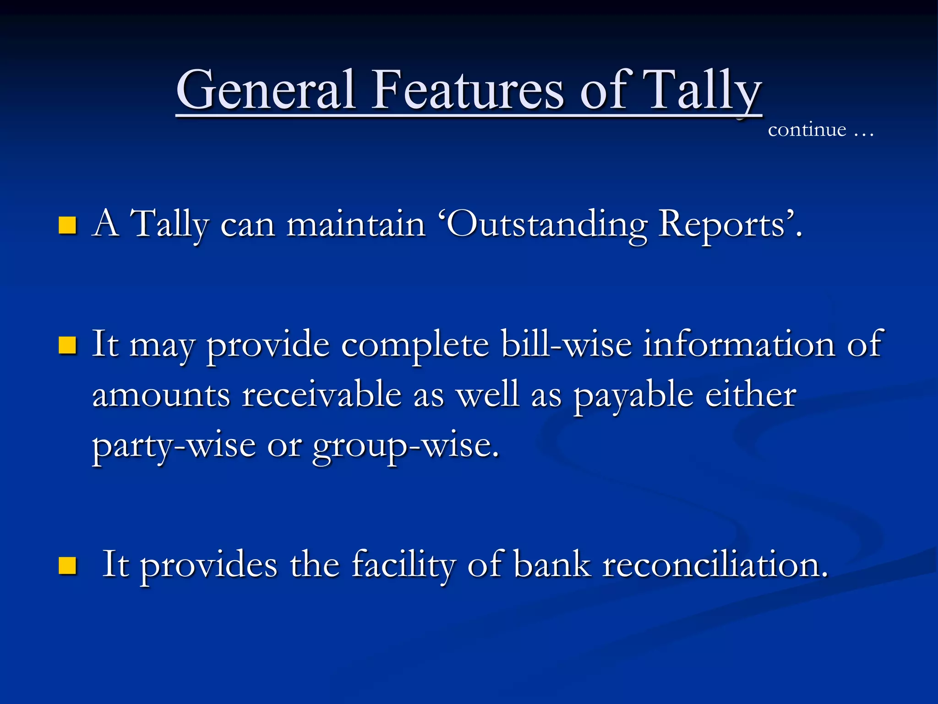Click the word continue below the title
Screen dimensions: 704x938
click(x=807, y=130)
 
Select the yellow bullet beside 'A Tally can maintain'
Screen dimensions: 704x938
click(x=67, y=225)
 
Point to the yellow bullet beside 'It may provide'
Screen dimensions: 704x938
click(x=67, y=346)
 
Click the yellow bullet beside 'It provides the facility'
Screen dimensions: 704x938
click(x=67, y=566)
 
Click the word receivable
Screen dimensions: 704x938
click(x=322, y=395)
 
